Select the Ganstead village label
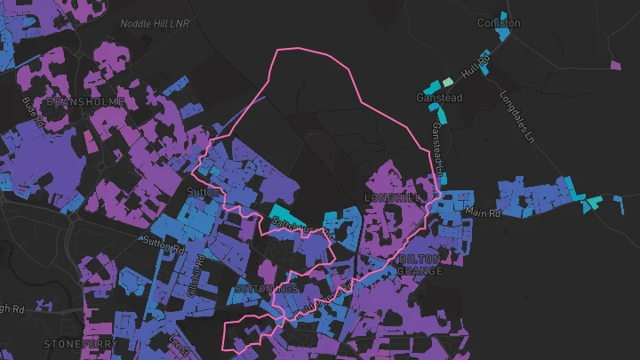439,98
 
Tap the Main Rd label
484,213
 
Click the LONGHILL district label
390,196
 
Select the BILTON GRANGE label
419,264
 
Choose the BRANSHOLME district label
78,102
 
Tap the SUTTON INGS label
266,290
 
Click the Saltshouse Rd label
302,231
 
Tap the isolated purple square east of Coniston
616,65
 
